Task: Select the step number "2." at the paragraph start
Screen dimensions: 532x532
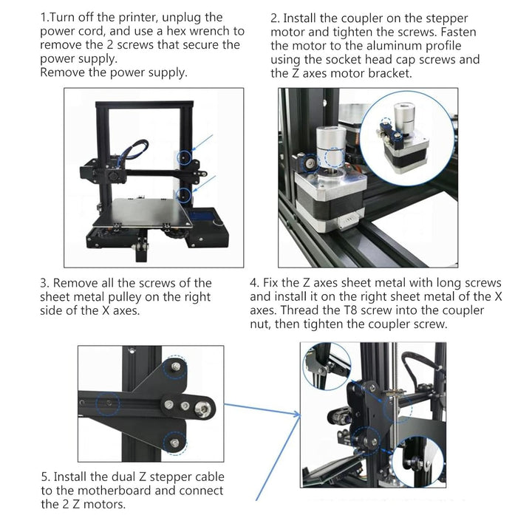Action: coord(275,18)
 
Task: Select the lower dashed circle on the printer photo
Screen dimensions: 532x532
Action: coord(183,194)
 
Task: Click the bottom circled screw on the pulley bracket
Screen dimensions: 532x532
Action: coord(174,443)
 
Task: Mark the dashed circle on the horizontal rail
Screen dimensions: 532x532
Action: coord(108,403)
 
